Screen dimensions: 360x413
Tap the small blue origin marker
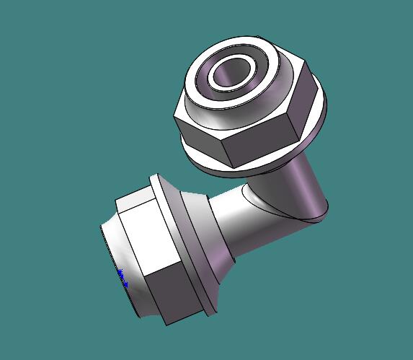pos(121,276)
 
